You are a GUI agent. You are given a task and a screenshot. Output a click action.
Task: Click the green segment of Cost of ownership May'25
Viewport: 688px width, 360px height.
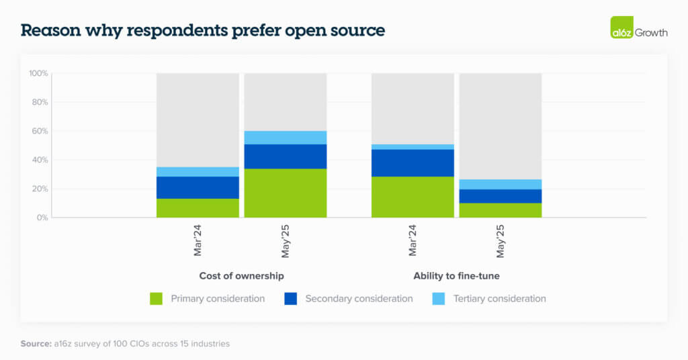(x=285, y=193)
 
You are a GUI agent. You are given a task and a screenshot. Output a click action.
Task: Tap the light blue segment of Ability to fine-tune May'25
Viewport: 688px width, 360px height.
(x=501, y=185)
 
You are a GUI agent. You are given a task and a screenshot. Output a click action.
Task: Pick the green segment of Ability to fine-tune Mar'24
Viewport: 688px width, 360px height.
(x=413, y=197)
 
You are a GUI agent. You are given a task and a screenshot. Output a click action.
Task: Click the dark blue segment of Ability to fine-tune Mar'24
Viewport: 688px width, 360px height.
(x=413, y=163)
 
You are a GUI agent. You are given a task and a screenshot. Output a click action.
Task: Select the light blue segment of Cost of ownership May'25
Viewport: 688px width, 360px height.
(x=285, y=138)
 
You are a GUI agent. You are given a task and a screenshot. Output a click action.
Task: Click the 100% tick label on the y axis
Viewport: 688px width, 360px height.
(x=38, y=73)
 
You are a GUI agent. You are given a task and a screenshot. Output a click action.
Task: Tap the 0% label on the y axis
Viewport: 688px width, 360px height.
(x=42, y=218)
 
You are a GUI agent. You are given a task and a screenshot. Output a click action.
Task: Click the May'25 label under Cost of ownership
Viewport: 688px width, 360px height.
(x=286, y=241)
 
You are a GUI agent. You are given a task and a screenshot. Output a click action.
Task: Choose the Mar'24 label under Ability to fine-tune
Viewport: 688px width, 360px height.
(x=413, y=240)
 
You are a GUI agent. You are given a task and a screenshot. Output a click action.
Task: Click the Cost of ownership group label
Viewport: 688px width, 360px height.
(x=241, y=276)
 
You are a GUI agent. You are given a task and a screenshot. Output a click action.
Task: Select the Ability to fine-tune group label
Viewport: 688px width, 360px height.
(x=456, y=276)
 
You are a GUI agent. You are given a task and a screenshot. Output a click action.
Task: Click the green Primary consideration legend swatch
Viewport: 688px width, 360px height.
(x=157, y=299)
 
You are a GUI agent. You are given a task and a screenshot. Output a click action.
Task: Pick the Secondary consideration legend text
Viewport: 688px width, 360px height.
(x=359, y=299)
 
